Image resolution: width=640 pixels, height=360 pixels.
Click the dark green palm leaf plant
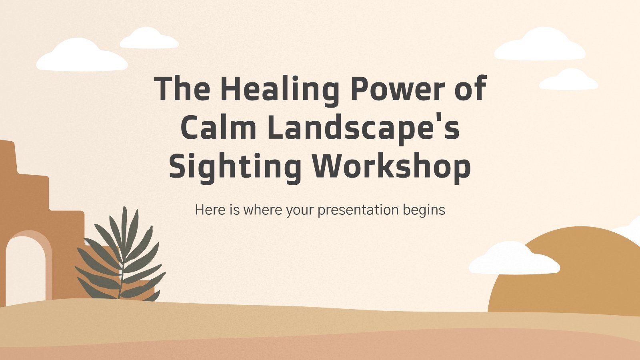pyautogui.click(x=122, y=260)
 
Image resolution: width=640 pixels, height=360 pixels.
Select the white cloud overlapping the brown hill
pyautogui.click(x=514, y=260)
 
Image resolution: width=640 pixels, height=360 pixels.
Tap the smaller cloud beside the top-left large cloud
pyautogui.click(x=149, y=39)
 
